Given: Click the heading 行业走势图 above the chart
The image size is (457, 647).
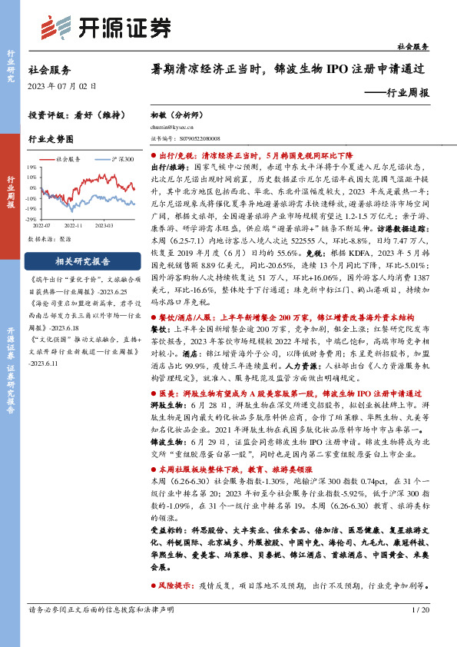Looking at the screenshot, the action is click(x=51, y=139).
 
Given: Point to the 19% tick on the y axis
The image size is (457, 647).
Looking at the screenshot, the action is click(x=33, y=166).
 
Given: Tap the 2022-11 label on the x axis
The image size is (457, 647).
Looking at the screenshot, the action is click(x=74, y=226).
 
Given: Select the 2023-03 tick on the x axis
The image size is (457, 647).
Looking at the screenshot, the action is click(x=105, y=226).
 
